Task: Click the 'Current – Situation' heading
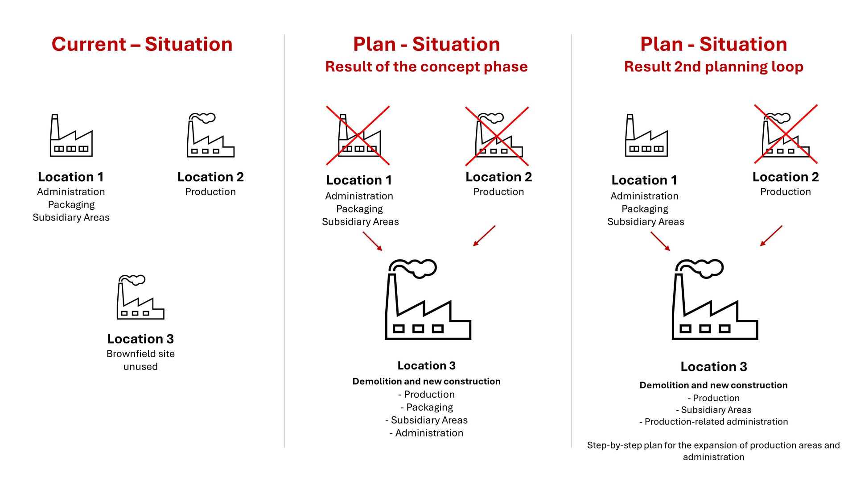(142, 44)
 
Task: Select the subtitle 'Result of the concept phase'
(426, 66)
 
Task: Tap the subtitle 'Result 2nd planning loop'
(713, 66)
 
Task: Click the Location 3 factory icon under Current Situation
(140, 297)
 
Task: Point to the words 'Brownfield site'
(140, 353)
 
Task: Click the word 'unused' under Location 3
(140, 366)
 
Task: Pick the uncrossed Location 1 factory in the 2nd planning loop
(646, 135)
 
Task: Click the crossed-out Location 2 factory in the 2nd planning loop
(786, 134)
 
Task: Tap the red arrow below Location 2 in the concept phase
(484, 236)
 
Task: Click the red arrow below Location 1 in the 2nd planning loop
(660, 241)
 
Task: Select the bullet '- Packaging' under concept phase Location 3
(427, 407)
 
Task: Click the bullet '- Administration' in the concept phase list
(426, 433)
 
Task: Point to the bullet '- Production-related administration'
(713, 422)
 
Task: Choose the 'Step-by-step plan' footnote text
(713, 451)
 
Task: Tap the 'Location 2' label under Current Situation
(210, 177)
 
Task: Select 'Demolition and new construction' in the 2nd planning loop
(713, 385)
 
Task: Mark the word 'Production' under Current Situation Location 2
(210, 191)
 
